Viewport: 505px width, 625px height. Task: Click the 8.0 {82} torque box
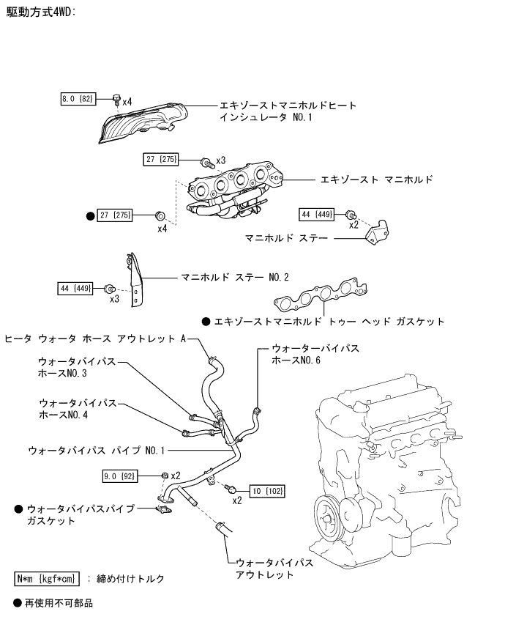[78, 99]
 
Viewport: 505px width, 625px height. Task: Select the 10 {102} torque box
[267, 491]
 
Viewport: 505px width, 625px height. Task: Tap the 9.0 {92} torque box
[119, 476]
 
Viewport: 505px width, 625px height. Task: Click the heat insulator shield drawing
[143, 123]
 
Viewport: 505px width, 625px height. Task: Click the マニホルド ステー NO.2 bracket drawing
[135, 280]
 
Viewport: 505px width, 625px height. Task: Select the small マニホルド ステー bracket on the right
[377, 232]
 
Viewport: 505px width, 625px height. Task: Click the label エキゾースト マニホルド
[376, 180]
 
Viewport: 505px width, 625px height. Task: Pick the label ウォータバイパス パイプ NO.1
[96, 451]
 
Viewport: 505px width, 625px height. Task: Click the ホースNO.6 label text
[296, 360]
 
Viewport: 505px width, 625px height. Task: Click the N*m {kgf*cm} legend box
[47, 579]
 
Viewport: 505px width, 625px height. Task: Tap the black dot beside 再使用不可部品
[17, 603]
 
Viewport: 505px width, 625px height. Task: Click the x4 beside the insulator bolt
[127, 102]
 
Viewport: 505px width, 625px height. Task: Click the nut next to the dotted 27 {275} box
[160, 216]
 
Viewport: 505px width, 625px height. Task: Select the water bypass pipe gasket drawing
[163, 509]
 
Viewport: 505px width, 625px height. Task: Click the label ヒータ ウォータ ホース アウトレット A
[96, 339]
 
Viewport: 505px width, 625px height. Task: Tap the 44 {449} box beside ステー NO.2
[75, 288]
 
